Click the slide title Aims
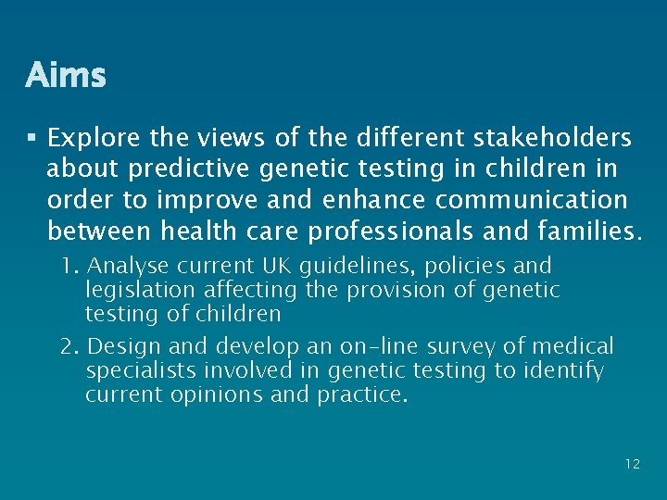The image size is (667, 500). [66, 75]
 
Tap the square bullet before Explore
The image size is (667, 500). [32, 139]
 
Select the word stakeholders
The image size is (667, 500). [553, 139]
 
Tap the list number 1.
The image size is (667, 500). [69, 267]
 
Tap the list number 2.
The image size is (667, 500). [69, 347]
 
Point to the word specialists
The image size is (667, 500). [133, 371]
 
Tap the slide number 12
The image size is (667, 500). [632, 464]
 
